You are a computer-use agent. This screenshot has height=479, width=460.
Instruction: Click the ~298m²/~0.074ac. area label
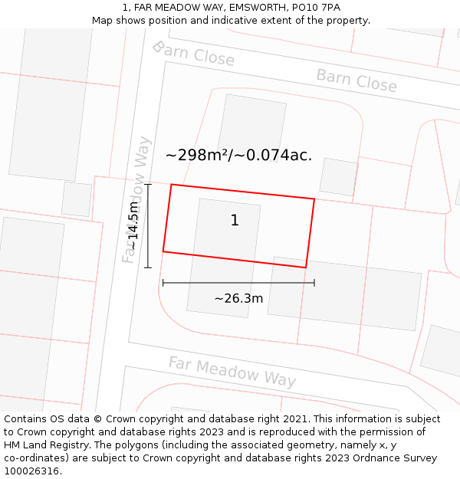click(x=238, y=155)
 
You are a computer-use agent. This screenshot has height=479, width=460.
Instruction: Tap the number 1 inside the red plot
click(x=235, y=221)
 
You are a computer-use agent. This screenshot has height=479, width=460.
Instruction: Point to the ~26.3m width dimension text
click(x=238, y=298)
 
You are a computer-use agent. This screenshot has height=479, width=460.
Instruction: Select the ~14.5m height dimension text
click(x=133, y=225)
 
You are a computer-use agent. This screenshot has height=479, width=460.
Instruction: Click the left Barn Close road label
click(x=193, y=54)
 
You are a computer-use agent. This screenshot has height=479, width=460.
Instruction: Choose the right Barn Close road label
click(x=356, y=80)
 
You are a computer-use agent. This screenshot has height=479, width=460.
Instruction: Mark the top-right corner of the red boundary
click(x=314, y=199)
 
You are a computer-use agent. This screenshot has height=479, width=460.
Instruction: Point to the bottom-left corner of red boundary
click(x=163, y=251)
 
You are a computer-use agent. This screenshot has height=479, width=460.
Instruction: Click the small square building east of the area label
click(x=339, y=177)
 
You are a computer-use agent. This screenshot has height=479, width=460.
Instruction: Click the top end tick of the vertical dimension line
click(x=148, y=184)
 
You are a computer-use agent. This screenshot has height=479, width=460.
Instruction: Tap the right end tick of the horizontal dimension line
click(x=314, y=283)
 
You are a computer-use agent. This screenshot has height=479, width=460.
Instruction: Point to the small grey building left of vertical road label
click(x=77, y=198)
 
